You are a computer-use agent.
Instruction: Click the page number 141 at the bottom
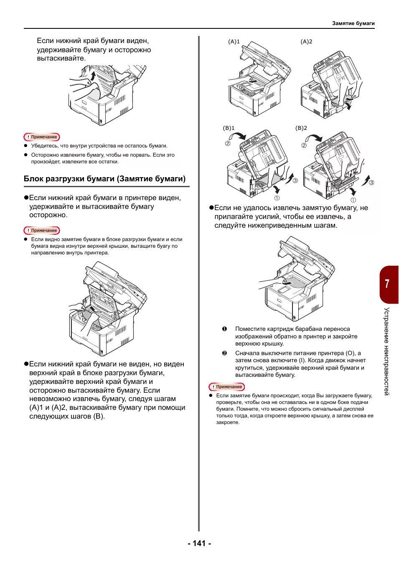coord(199,543)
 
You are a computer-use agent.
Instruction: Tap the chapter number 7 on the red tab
coord(387,284)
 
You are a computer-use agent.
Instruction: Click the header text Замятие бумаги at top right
coord(353,23)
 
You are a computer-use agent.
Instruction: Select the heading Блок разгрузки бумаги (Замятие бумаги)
coord(104,179)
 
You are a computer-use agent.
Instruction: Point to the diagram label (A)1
coord(234,42)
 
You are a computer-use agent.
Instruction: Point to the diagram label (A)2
coord(306,42)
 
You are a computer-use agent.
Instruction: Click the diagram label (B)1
coord(229,128)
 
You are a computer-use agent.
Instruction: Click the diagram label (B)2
coord(301,128)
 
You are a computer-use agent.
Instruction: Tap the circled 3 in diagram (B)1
coord(295,180)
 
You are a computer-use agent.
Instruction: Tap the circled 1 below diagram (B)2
coord(353,200)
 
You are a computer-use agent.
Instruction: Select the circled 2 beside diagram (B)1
coord(228,143)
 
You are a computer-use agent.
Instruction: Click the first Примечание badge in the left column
coord(42,137)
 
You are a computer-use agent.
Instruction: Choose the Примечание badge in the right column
coord(227,387)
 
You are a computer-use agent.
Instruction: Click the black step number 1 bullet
coord(224,329)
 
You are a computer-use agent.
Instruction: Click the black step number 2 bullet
coord(224,353)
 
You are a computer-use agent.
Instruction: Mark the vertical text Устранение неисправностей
coord(387,351)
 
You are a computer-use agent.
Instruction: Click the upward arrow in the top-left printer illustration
coord(93,77)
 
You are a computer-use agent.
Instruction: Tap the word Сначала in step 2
coord(247,353)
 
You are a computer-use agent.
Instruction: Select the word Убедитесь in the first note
coord(44,146)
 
